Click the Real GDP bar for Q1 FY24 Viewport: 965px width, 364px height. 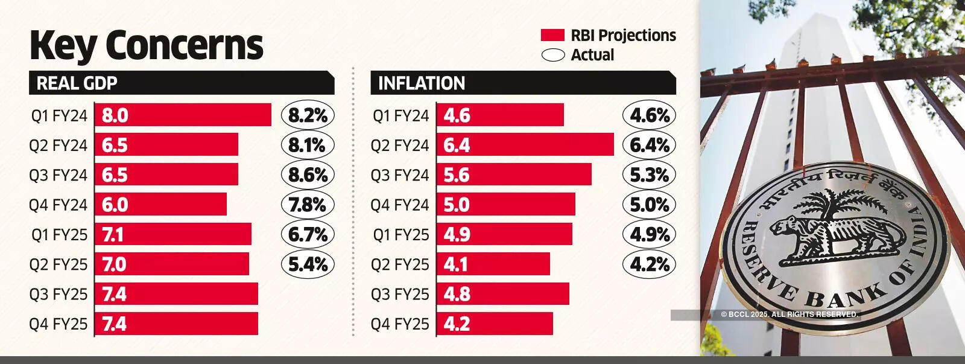(183, 115)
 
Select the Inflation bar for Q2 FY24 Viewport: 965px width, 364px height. (525, 145)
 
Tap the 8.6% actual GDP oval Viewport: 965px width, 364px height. (308, 175)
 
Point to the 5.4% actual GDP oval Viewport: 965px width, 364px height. (308, 264)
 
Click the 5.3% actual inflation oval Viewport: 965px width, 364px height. (650, 175)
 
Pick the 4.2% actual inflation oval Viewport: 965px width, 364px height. (650, 264)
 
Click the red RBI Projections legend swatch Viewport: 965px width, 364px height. (552, 35)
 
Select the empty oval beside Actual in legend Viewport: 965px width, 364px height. (552, 55)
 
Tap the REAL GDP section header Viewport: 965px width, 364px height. (181, 83)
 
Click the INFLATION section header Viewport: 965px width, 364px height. (522, 83)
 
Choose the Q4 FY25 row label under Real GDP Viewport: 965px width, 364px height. (59, 324)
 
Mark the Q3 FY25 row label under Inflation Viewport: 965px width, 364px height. (400, 295)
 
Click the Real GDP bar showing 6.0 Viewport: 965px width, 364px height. (160, 205)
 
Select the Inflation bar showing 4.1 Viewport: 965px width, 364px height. (493, 264)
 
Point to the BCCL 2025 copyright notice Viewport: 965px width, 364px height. (789, 315)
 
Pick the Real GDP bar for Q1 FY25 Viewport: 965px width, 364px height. (173, 234)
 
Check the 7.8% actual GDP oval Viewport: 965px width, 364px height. (308, 205)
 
